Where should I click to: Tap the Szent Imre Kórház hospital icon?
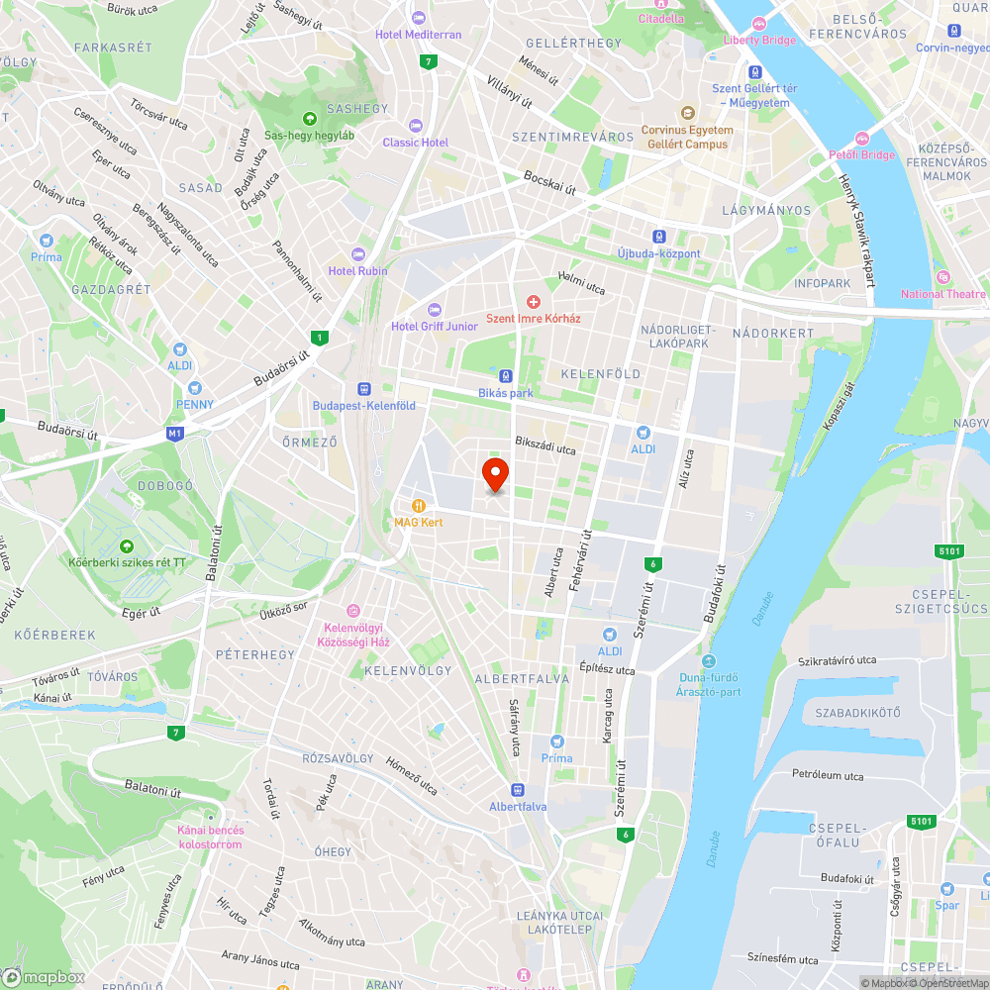pos(534,301)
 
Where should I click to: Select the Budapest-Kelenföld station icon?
pos(363,389)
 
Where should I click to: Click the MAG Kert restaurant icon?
pos(419,505)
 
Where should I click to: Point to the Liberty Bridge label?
pos(760,40)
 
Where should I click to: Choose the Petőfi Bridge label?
pos(861,154)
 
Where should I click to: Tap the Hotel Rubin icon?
pos(358,254)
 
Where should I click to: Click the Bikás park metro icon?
pos(506,376)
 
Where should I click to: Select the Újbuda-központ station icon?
pos(658,237)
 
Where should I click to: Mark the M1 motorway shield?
pos(175,434)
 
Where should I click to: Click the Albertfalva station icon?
pos(517,789)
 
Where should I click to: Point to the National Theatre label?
pos(943,293)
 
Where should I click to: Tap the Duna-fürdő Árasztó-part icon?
pos(709,661)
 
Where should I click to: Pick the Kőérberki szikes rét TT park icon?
pos(127,545)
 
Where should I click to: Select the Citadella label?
pos(660,18)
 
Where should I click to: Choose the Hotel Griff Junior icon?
pos(434,310)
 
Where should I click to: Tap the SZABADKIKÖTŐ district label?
pos(857,713)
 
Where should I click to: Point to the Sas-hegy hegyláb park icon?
pos(309,119)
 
